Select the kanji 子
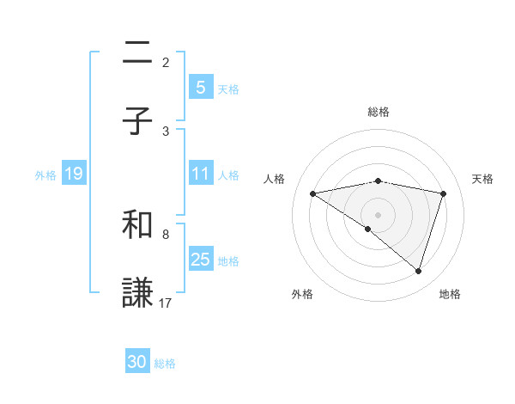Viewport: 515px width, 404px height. point(138,120)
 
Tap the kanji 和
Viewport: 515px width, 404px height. point(138,225)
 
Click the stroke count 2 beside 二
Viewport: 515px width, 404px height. point(166,62)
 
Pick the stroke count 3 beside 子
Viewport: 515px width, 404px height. point(166,131)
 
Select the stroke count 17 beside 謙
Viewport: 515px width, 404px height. point(167,303)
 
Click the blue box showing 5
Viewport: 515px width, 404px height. point(200,87)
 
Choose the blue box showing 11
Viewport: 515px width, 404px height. point(200,174)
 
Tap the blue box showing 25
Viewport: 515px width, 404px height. point(200,259)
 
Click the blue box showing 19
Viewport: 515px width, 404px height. point(73,174)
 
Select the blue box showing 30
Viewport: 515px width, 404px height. point(137,362)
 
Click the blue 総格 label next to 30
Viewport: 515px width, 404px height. point(165,364)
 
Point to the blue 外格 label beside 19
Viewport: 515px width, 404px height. point(45,175)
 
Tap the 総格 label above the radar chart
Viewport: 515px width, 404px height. point(378,112)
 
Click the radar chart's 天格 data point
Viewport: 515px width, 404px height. point(444,193)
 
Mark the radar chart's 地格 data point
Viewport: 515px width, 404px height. point(418,272)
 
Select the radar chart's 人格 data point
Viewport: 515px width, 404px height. point(312,193)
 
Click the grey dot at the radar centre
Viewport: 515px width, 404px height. point(378,214)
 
